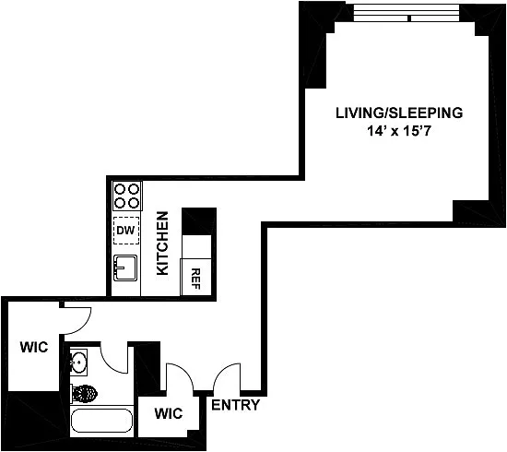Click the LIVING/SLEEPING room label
[399, 113]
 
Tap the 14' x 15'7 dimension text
[399, 131]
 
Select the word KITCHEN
[162, 244]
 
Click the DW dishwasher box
[126, 231]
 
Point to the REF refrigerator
[196, 277]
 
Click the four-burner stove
[127, 196]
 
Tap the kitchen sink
[125, 268]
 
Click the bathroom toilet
[84, 394]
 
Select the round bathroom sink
[78, 362]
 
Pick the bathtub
[101, 421]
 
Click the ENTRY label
[235, 405]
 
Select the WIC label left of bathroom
[34, 347]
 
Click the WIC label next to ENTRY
[169, 413]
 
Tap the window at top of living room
[407, 13]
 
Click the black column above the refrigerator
[199, 221]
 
